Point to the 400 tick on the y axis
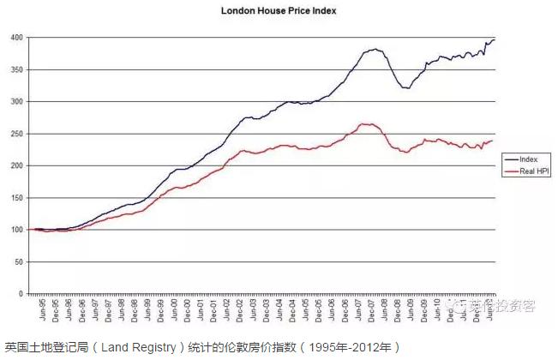click(x=15, y=38)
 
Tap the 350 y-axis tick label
click(x=15, y=69)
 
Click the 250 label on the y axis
click(x=15, y=134)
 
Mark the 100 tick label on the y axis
click(x=15, y=230)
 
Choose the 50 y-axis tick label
click(x=17, y=262)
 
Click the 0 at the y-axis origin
click(x=20, y=294)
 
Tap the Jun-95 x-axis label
click(x=32, y=309)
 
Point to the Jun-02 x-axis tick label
click(x=229, y=309)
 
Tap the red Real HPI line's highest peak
click(x=366, y=124)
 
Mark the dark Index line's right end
click(x=494, y=39)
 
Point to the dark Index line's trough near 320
click(x=408, y=88)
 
